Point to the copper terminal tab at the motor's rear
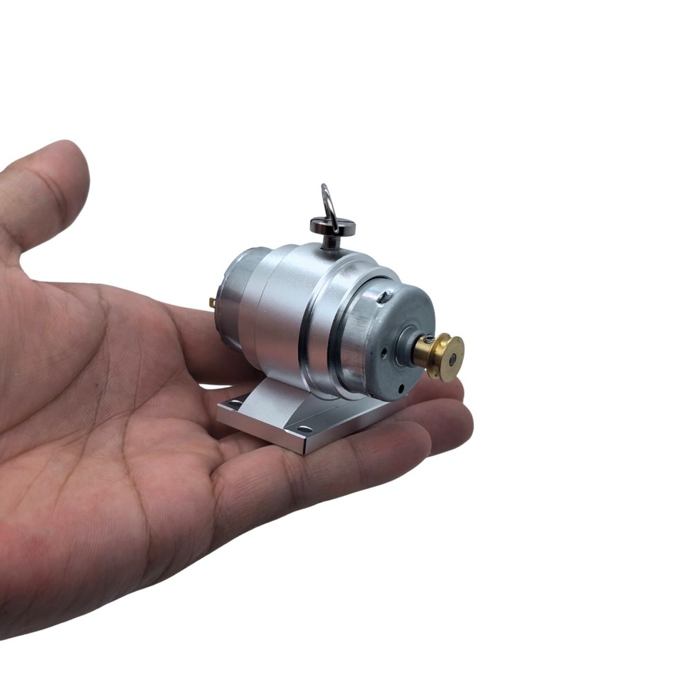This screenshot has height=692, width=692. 212,302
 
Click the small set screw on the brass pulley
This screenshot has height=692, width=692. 430,339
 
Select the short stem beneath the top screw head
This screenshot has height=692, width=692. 331,240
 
